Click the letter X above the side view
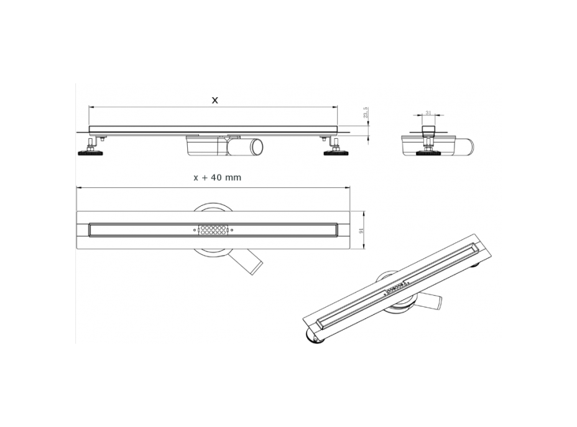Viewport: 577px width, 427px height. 215,100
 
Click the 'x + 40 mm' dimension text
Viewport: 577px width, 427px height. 217,177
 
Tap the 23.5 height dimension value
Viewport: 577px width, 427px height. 366,113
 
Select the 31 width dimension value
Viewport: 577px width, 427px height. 428,113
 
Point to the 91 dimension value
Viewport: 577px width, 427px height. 360,230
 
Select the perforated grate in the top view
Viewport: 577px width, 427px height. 213,230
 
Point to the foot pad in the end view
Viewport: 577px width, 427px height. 428,152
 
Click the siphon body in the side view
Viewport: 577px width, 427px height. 206,146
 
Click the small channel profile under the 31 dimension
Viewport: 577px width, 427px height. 428,131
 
